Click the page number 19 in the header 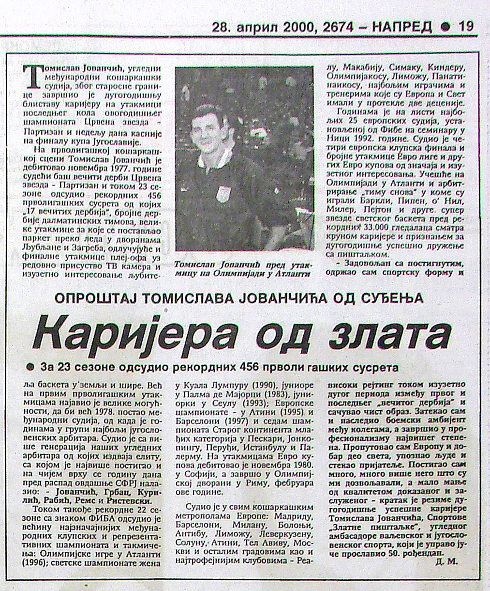pyautogui.click(x=466, y=26)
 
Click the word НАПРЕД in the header pyautogui.click(x=402, y=26)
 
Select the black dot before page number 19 pyautogui.click(x=445, y=27)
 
